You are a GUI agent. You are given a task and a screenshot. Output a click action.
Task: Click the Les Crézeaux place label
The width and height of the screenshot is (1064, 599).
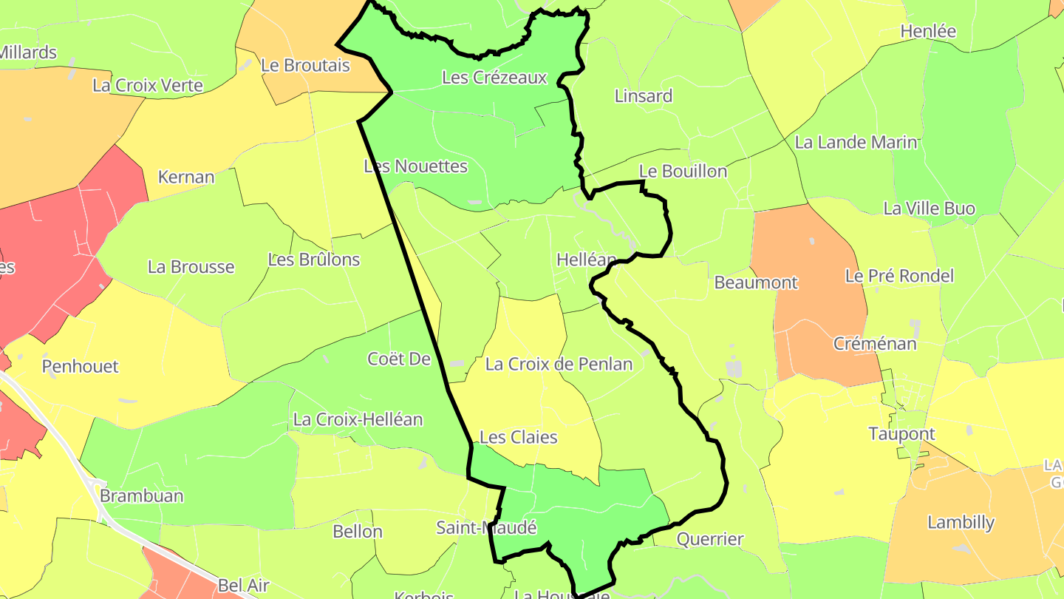pyautogui.click(x=494, y=78)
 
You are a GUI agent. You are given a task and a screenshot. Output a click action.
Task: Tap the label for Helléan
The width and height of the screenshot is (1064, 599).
pyautogui.click(x=586, y=260)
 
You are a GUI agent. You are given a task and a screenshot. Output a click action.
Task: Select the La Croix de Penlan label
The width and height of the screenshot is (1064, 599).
pyautogui.click(x=559, y=364)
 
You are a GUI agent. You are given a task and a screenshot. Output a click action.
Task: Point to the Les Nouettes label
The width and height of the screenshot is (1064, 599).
pyautogui.click(x=416, y=166)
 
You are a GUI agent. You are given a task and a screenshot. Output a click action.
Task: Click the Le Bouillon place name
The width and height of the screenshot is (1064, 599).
pyautogui.click(x=683, y=172)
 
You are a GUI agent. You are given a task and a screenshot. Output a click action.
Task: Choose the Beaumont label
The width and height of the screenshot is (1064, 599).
pyautogui.click(x=756, y=282)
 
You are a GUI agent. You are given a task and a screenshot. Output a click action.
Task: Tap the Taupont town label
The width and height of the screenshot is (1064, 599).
pyautogui.click(x=901, y=434)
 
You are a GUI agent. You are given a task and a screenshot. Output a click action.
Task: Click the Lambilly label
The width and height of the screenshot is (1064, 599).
pyautogui.click(x=961, y=522)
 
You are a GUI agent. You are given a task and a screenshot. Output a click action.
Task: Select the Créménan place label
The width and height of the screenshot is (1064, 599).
pyautogui.click(x=875, y=344)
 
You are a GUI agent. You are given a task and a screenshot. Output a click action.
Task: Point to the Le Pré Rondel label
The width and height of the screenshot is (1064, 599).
pyautogui.click(x=899, y=276)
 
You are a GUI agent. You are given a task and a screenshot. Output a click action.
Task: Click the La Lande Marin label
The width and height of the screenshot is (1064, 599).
pyautogui.click(x=856, y=142)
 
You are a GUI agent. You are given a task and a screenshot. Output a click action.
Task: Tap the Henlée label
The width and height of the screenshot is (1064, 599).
pyautogui.click(x=928, y=31)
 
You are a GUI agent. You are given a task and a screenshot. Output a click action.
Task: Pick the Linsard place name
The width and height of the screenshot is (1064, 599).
pyautogui.click(x=644, y=96)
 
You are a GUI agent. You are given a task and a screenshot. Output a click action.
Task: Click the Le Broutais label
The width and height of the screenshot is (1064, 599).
pyautogui.click(x=305, y=65)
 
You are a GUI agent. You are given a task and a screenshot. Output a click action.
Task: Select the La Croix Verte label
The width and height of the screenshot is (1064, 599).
pyautogui.click(x=148, y=86)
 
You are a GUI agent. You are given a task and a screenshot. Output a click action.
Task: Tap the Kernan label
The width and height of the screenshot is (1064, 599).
pyautogui.click(x=186, y=177)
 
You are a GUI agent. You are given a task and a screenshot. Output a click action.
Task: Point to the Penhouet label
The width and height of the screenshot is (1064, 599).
pyautogui.click(x=80, y=367)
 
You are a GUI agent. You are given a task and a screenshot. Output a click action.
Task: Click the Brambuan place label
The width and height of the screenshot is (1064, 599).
pyautogui.click(x=141, y=495)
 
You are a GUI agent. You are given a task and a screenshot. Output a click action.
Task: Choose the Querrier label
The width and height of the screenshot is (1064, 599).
pyautogui.click(x=709, y=539)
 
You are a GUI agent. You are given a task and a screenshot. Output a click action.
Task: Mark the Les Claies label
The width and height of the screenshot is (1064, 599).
pyautogui.click(x=518, y=437)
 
